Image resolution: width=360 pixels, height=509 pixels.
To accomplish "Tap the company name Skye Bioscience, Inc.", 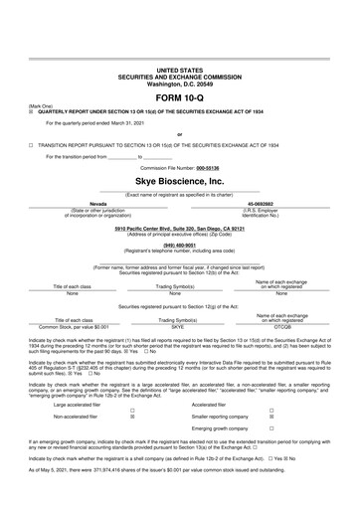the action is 179,182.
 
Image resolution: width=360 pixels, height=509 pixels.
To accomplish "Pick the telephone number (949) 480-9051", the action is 180,244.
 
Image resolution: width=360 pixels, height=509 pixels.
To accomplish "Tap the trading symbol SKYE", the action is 179,297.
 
